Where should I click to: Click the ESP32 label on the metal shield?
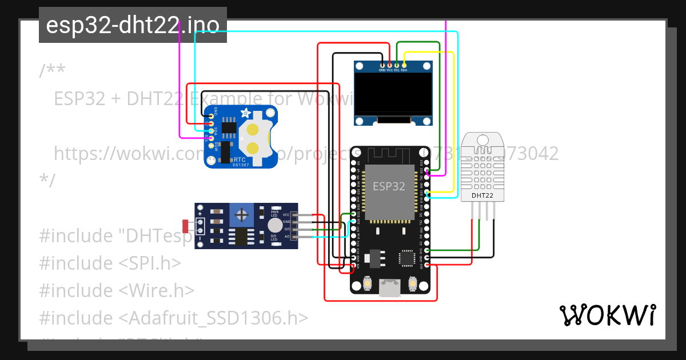tap(389, 186)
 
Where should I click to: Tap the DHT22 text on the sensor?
tap(482, 196)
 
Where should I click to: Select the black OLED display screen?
tap(392, 94)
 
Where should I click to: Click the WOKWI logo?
tap(607, 315)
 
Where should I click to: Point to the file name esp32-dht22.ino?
tap(133, 25)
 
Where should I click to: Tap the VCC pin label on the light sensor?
tap(286, 214)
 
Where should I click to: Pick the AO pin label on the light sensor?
tap(286, 235)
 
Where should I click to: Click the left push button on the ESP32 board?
tap(368, 283)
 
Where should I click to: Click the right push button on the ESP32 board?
tap(413, 283)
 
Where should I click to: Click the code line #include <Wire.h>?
tap(117, 290)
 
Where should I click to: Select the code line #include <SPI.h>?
tap(110, 263)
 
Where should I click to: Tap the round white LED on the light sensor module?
tap(275, 225)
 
